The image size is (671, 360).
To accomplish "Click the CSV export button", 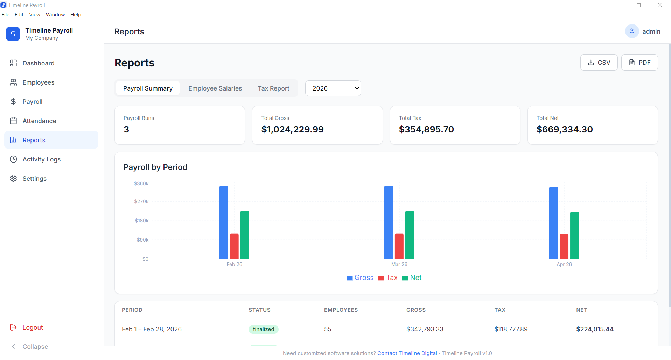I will pyautogui.click(x=599, y=63).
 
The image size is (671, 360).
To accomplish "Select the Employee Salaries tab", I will pyautogui.click(x=215, y=88).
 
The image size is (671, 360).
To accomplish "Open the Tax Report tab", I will pyautogui.click(x=273, y=88).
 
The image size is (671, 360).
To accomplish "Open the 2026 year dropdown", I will pyautogui.click(x=333, y=88).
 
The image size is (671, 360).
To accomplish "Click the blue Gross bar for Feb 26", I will pyautogui.click(x=224, y=222).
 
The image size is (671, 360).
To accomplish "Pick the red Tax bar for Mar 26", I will pyautogui.click(x=399, y=246).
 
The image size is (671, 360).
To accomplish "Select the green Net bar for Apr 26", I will pyautogui.click(x=574, y=235).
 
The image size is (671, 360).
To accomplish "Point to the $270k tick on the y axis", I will pyautogui.click(x=141, y=201).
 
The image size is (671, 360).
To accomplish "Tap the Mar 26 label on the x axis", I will pyautogui.click(x=399, y=264).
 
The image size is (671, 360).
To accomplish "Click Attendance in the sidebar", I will pyautogui.click(x=39, y=121).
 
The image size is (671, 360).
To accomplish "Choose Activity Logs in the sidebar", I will pyautogui.click(x=41, y=159).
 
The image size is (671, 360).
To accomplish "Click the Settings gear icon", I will pyautogui.click(x=13, y=179).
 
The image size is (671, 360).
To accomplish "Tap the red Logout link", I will pyautogui.click(x=33, y=327).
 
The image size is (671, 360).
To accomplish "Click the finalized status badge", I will pyautogui.click(x=263, y=329).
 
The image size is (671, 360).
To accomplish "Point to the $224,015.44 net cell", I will pyautogui.click(x=595, y=329).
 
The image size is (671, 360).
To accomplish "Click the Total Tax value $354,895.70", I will pyautogui.click(x=426, y=130).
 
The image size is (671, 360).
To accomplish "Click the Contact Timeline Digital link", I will pyautogui.click(x=407, y=353).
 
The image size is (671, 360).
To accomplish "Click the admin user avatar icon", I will pyautogui.click(x=632, y=31).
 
